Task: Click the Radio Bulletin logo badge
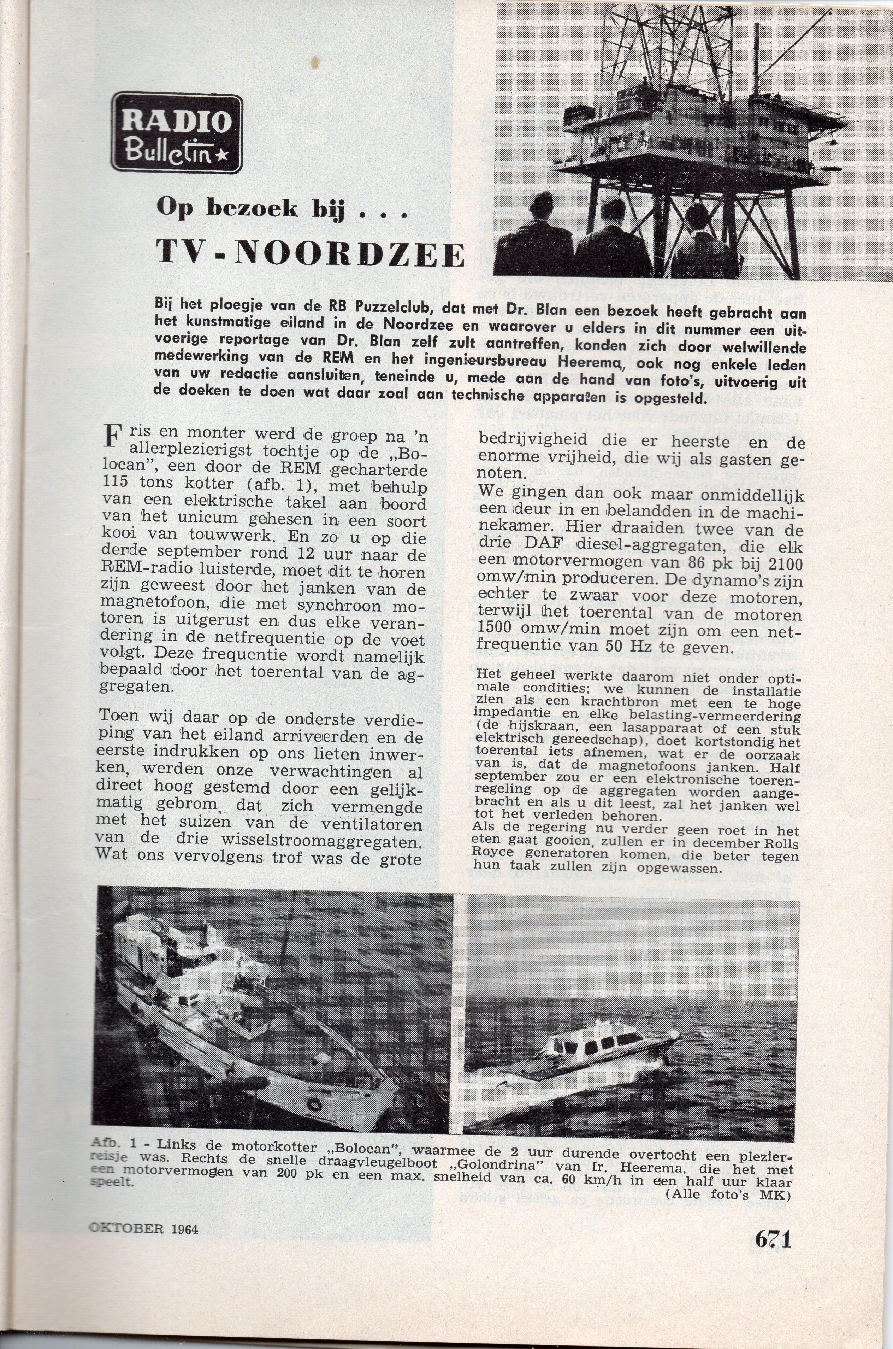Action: (177, 133)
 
